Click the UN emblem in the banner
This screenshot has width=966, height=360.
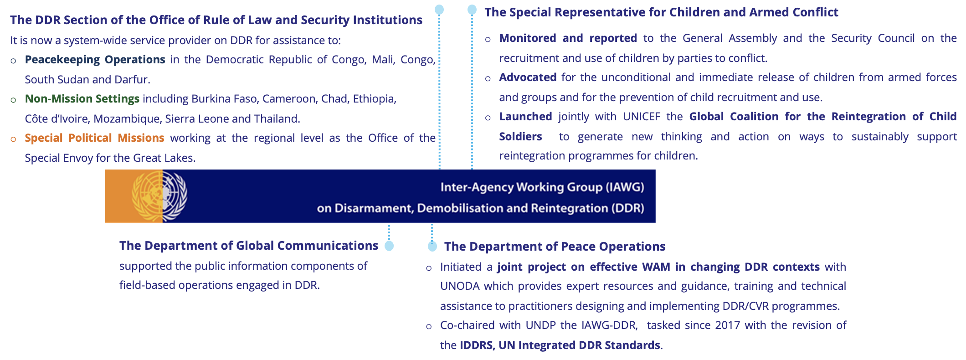point(159,196)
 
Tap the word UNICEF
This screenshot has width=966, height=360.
point(642,117)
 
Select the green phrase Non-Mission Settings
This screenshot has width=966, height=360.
point(82,99)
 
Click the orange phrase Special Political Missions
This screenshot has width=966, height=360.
point(94,138)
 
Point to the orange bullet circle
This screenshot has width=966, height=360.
point(14,139)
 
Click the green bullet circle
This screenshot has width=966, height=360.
point(14,100)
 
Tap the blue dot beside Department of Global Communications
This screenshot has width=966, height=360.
point(389,246)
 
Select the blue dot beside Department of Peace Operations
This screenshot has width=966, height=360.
point(432,247)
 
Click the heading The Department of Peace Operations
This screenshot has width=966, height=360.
point(555,247)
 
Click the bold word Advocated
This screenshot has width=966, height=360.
point(528,77)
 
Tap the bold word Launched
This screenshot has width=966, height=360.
point(525,117)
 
